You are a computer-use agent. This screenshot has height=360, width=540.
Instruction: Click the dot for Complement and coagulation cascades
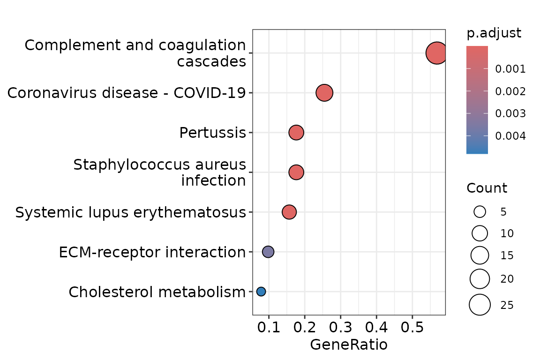pyautogui.click(x=436, y=53)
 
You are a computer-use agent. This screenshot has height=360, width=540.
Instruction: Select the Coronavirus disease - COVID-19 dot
pyautogui.click(x=324, y=93)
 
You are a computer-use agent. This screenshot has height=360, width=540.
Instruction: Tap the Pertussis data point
pyautogui.click(x=296, y=133)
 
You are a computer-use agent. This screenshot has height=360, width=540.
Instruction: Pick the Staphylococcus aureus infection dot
pyautogui.click(x=296, y=172)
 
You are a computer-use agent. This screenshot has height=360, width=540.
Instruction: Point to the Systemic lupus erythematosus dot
pyautogui.click(x=289, y=212)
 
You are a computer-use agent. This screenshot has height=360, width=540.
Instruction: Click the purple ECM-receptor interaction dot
pyautogui.click(x=268, y=252)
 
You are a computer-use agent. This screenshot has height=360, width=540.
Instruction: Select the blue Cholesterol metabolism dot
pyautogui.click(x=261, y=292)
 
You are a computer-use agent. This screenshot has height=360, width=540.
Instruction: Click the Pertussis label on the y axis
pyautogui.click(x=212, y=133)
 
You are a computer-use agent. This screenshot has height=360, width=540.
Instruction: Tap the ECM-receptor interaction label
pyautogui.click(x=152, y=252)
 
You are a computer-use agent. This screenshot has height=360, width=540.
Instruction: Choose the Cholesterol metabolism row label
pyautogui.click(x=157, y=292)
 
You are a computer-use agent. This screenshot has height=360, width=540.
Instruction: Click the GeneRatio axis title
pyautogui.click(x=349, y=345)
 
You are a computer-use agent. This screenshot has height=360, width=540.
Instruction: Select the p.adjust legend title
pyautogui.click(x=494, y=34)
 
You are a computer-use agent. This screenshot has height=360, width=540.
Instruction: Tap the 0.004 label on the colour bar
pyautogui.click(x=510, y=136)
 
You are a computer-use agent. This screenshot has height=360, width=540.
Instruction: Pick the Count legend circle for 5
pyautogui.click(x=480, y=212)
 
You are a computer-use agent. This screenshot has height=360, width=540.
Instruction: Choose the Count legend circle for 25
pyautogui.click(x=480, y=305)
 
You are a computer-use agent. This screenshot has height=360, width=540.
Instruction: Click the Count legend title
pyautogui.click(x=487, y=188)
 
